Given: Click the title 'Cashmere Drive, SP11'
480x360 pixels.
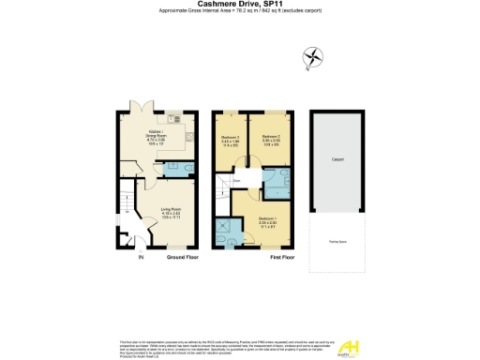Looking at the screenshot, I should coord(239,5).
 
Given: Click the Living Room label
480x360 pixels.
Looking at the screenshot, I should coord(170,211).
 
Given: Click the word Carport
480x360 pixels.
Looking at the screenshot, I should coord(337,160).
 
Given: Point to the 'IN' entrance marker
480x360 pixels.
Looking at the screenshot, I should coord(142,256).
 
